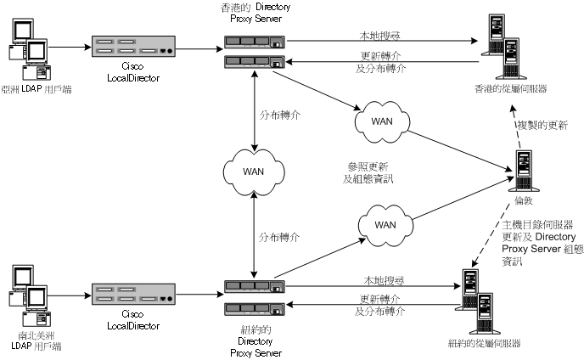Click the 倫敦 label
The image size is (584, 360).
(x=523, y=202)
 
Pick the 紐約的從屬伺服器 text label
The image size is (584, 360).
(x=484, y=343)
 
